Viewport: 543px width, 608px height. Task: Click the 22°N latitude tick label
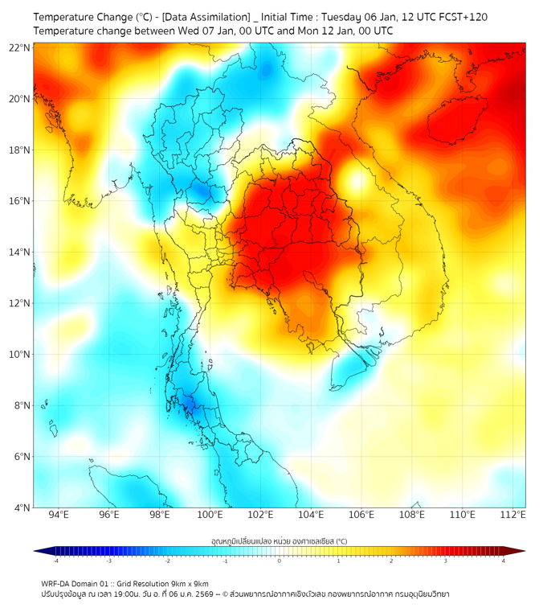[20, 47]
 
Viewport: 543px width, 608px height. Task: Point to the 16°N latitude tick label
[20, 201]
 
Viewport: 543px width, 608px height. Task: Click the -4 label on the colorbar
[55, 561]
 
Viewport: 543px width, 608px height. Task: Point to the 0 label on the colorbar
[280, 561]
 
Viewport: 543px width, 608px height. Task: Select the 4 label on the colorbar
[504, 561]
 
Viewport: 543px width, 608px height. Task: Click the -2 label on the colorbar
[167, 561]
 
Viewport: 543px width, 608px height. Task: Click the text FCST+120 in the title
[459, 17]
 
